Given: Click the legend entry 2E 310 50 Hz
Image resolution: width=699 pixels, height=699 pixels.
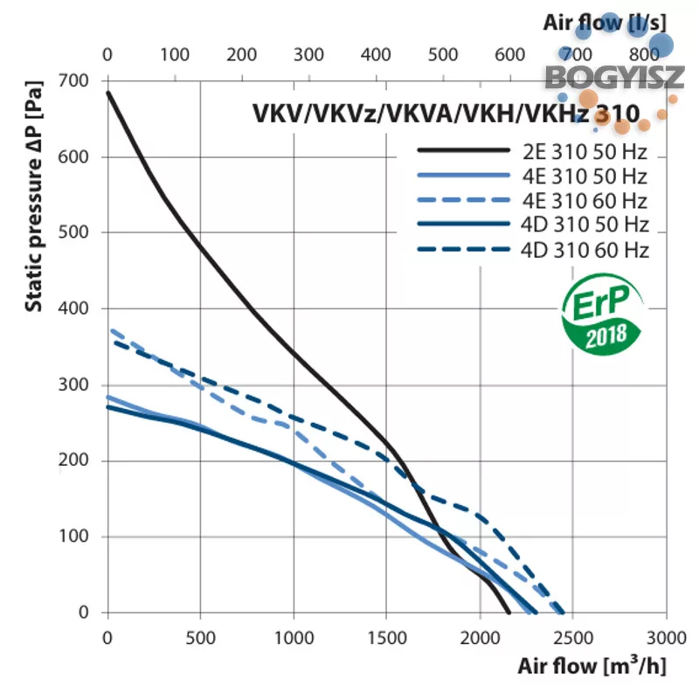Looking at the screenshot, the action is tap(585, 152).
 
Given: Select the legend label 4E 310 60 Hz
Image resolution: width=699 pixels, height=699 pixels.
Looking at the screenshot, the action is tap(585, 201).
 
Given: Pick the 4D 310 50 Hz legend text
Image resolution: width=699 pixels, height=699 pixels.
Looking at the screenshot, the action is tap(585, 225).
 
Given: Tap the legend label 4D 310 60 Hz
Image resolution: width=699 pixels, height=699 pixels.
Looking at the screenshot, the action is tap(585, 250).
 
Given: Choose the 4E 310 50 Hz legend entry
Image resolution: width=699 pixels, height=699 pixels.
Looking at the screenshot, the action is tap(585, 176).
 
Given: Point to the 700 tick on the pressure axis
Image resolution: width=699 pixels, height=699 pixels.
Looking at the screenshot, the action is tap(73, 80).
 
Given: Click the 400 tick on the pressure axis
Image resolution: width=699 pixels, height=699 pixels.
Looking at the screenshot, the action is tap(73, 308).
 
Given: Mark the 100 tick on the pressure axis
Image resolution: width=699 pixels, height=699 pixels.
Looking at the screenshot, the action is tap(73, 536).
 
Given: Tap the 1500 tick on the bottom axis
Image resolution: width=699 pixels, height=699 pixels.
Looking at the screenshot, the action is tap(386, 638).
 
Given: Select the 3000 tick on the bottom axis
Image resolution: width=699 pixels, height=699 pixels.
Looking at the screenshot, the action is tap(667, 638).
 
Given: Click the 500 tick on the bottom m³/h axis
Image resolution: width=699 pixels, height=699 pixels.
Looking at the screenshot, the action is tap(201, 638).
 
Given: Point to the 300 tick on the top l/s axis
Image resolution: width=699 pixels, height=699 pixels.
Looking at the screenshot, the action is tap(308, 55).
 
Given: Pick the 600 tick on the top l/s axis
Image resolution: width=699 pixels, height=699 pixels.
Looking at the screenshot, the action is tap(509, 55).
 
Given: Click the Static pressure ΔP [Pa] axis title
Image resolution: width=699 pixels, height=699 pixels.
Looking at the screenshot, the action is tap(34, 196).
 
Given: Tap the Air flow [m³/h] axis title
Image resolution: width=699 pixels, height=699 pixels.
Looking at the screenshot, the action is tap(592, 667).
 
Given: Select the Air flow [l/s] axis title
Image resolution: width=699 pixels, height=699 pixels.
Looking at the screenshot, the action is tap(605, 23).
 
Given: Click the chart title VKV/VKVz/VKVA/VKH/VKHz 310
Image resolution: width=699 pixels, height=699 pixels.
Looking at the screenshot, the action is tap(446, 114).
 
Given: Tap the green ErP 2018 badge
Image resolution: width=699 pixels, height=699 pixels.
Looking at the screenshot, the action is tap(602, 315).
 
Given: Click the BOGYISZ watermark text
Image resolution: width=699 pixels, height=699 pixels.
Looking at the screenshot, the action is tap(614, 78).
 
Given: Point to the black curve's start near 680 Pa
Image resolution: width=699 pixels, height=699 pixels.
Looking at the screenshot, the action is tap(107, 93).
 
